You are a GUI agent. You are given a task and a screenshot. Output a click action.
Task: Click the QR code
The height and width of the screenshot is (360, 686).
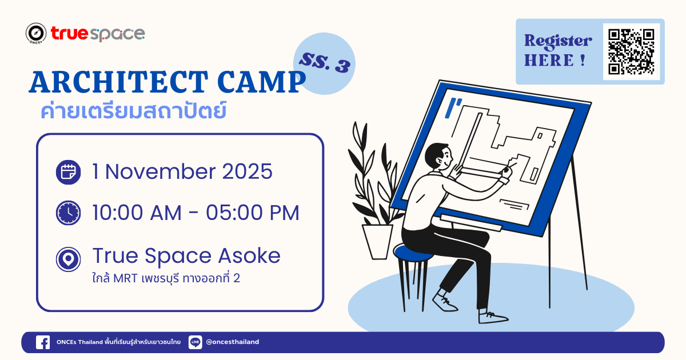pyautogui.click(x=631, y=52)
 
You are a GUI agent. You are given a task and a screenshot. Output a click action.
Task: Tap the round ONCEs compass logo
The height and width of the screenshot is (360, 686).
pyautogui.click(x=36, y=33)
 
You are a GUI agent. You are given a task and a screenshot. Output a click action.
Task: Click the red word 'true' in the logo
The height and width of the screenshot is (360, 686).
pyautogui.click(x=70, y=33)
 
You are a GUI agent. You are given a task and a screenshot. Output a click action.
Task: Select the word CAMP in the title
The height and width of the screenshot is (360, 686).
pyautogui.click(x=262, y=82)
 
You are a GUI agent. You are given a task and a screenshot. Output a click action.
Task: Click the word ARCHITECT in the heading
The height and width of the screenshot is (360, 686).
pyautogui.click(x=118, y=82)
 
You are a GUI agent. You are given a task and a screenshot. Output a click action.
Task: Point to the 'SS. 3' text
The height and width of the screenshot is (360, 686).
pyautogui.click(x=325, y=62)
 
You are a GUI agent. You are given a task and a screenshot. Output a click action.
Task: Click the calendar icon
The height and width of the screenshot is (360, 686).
pyautogui.click(x=68, y=172)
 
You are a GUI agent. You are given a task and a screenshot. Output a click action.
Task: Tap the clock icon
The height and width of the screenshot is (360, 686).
pyautogui.click(x=68, y=213)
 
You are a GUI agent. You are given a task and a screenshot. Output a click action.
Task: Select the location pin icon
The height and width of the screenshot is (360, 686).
pyautogui.click(x=68, y=259)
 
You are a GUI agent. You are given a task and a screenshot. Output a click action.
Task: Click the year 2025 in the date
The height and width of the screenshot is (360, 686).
pyautogui.click(x=247, y=171)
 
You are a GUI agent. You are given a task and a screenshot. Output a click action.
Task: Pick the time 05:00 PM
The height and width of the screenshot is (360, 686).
pyautogui.click(x=252, y=213)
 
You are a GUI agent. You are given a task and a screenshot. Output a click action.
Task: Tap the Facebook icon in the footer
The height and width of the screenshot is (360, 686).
pyautogui.click(x=43, y=342)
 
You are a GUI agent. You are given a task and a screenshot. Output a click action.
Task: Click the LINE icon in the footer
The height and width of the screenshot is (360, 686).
pyautogui.click(x=195, y=342)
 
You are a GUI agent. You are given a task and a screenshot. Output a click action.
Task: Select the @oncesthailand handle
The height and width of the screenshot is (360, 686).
pyautogui.click(x=233, y=342)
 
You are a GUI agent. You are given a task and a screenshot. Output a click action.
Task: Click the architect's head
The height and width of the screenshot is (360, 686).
pyautogui.click(x=438, y=157)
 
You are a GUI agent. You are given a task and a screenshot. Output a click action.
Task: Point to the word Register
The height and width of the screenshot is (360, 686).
pyautogui.click(x=558, y=41)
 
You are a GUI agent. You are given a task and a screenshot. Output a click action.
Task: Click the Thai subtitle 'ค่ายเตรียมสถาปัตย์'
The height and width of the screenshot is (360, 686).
pyautogui.click(x=134, y=111)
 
